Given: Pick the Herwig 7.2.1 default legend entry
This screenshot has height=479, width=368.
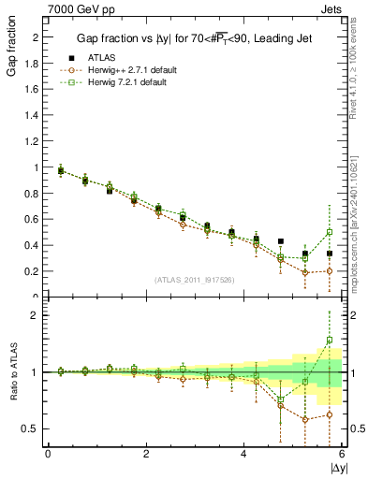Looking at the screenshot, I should pyautogui.click(x=123, y=81).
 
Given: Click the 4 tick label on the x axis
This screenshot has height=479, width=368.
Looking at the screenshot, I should pyautogui.click(x=244, y=454).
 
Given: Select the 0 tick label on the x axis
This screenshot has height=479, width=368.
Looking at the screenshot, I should pyautogui.click(x=48, y=454).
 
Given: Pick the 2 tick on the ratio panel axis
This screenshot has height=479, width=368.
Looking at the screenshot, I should pyautogui.click(x=36, y=315).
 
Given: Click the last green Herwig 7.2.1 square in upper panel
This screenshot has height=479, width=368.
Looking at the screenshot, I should pyautogui.click(x=330, y=232).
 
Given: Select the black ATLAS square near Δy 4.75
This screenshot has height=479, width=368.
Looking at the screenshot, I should pyautogui.click(x=281, y=241).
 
